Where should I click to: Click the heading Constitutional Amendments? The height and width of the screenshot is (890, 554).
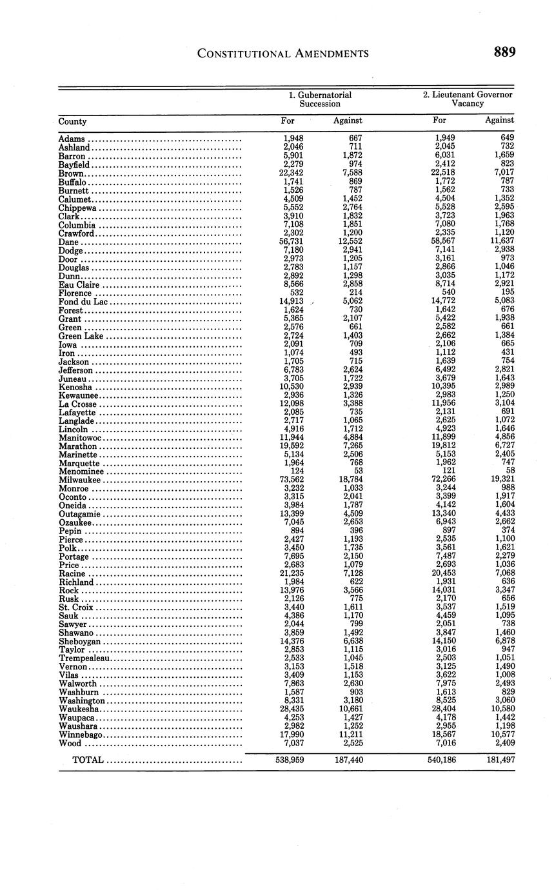tap(283, 54)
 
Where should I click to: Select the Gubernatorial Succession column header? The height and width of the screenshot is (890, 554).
tap(320, 99)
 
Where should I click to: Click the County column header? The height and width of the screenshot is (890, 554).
tap(72, 121)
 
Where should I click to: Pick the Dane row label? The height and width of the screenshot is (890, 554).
tap(68, 242)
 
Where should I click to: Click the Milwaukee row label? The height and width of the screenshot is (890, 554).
tap(80, 480)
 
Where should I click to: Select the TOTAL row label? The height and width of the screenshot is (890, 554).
tap(88, 760)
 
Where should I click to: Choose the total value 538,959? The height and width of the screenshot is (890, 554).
tap(289, 760)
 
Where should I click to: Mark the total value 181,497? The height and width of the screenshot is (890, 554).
tap(500, 760)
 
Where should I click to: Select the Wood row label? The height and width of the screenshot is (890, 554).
tap(69, 743)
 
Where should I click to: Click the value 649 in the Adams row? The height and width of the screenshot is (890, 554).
tap(507, 138)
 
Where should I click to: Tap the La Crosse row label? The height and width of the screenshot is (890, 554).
tap(77, 404)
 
